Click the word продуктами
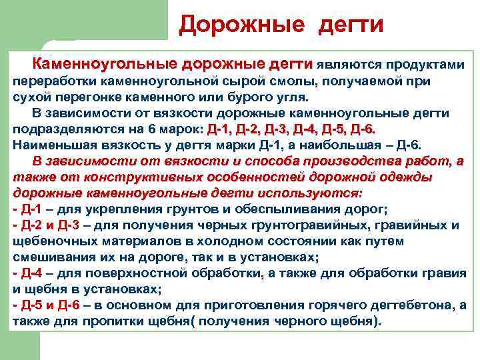click(423, 65)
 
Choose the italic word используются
click(319, 193)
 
